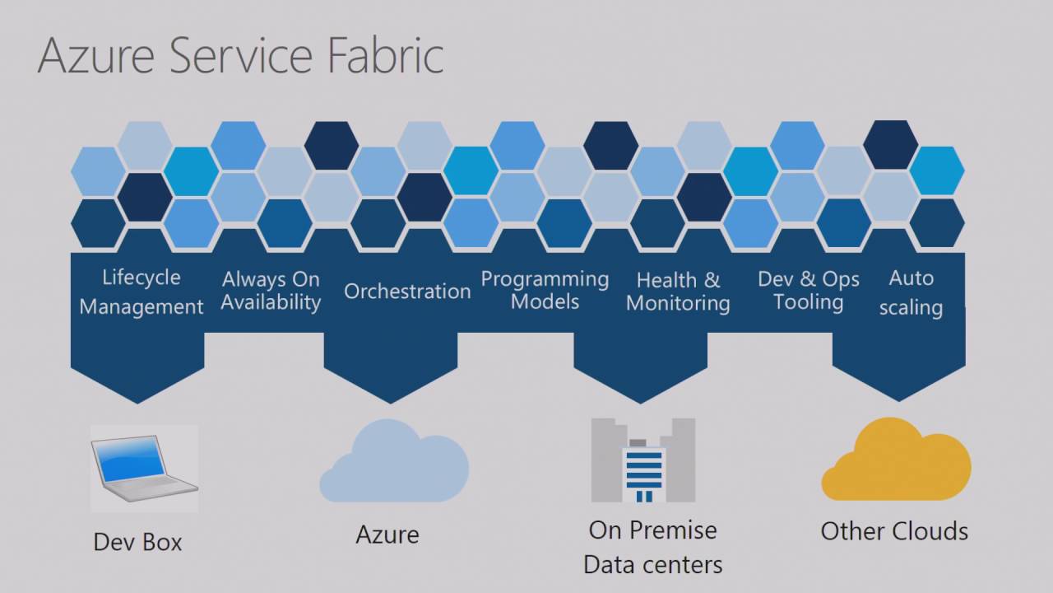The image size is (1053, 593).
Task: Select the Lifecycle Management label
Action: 141,292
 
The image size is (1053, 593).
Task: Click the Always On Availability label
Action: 271,292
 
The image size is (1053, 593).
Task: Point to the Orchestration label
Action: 407,292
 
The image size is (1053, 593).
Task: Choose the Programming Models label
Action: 545,290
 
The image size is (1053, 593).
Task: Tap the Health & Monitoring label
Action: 678,292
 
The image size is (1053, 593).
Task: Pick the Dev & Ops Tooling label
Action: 809,291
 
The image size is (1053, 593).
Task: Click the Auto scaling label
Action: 911,292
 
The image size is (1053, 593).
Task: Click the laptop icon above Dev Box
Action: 144,469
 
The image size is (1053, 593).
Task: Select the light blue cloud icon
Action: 394,463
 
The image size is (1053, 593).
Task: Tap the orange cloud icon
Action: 896,461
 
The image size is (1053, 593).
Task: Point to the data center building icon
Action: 643,461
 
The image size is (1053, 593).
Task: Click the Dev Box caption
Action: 137,542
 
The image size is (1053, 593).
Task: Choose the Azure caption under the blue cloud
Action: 387,535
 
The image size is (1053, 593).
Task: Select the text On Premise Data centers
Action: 653,547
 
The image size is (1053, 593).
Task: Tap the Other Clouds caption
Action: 894,531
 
